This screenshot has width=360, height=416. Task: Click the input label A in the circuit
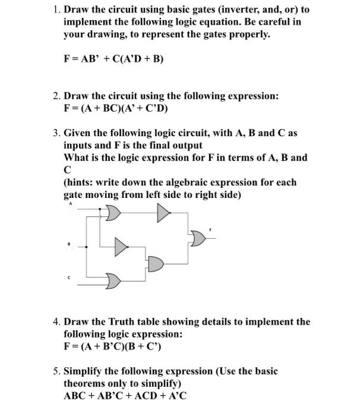click(x=70, y=203)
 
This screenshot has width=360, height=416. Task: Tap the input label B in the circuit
click(x=70, y=243)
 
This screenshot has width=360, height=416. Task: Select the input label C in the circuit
click(x=70, y=277)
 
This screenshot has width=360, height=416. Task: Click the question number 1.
click(x=55, y=10)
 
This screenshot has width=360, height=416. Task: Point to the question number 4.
click(x=55, y=322)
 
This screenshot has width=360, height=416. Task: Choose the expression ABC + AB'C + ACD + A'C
click(x=125, y=396)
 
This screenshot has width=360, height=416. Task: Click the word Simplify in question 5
click(x=84, y=371)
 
